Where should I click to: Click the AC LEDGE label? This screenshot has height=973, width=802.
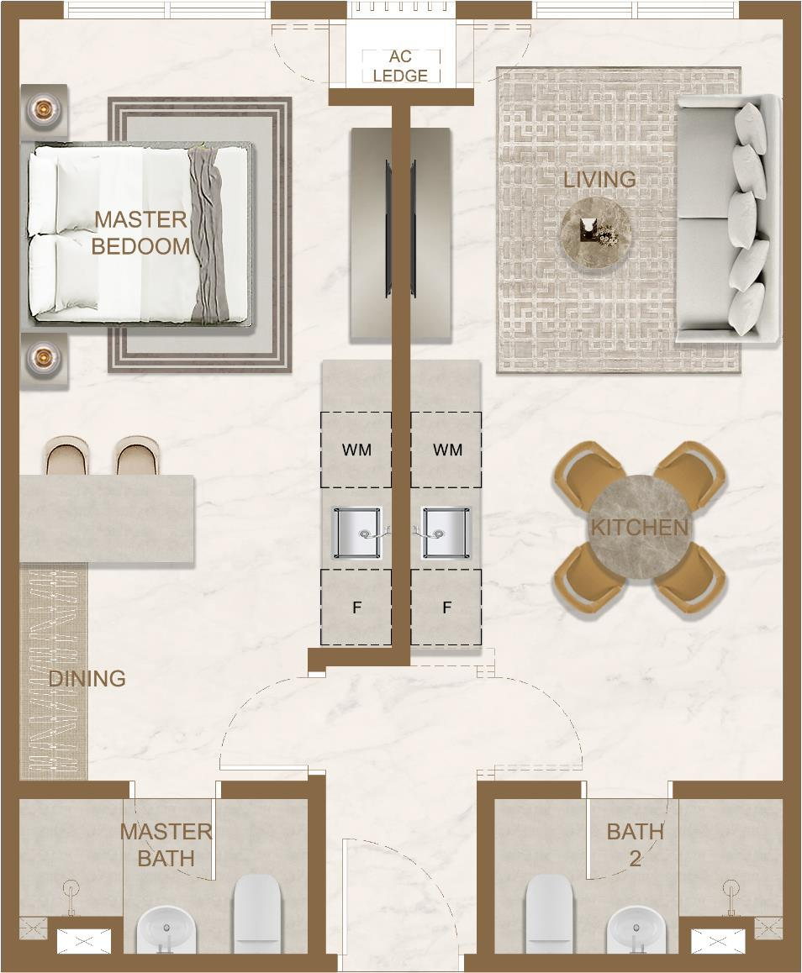(400, 66)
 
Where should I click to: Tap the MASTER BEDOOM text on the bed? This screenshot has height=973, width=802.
(141, 233)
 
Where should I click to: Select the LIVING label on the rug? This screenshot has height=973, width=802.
(599, 179)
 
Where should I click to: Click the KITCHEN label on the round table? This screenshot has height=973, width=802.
(640, 528)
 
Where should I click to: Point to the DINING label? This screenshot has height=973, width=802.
(87, 678)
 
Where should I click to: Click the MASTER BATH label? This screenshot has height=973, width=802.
(166, 844)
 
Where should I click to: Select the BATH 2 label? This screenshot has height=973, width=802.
(635, 844)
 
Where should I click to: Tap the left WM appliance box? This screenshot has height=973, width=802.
(356, 450)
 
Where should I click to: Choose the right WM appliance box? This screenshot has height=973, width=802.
(446, 450)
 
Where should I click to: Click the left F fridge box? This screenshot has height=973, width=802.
(356, 607)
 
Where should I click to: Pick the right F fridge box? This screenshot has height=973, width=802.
(446, 607)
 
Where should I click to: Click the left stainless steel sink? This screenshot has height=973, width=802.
(357, 533)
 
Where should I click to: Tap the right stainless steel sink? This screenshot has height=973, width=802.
(446, 533)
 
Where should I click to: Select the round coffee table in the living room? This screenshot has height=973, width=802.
(597, 233)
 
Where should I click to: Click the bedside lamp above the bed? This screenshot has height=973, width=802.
(44, 109)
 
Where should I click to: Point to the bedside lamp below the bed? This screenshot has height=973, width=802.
(44, 357)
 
